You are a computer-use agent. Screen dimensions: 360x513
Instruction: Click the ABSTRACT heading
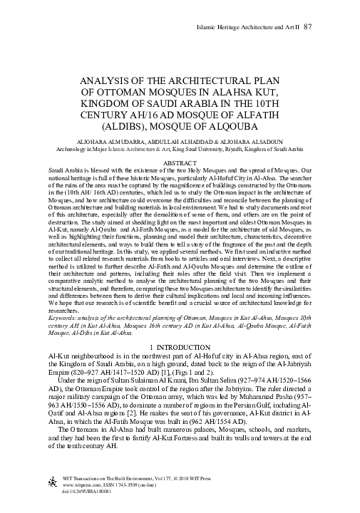coord(180,164)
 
